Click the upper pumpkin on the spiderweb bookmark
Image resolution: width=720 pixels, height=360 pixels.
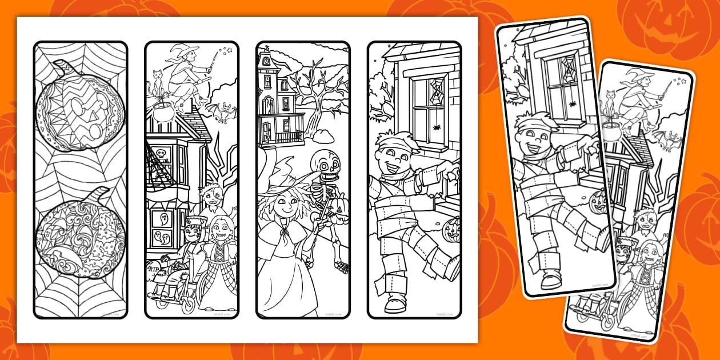tap(80, 109)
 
